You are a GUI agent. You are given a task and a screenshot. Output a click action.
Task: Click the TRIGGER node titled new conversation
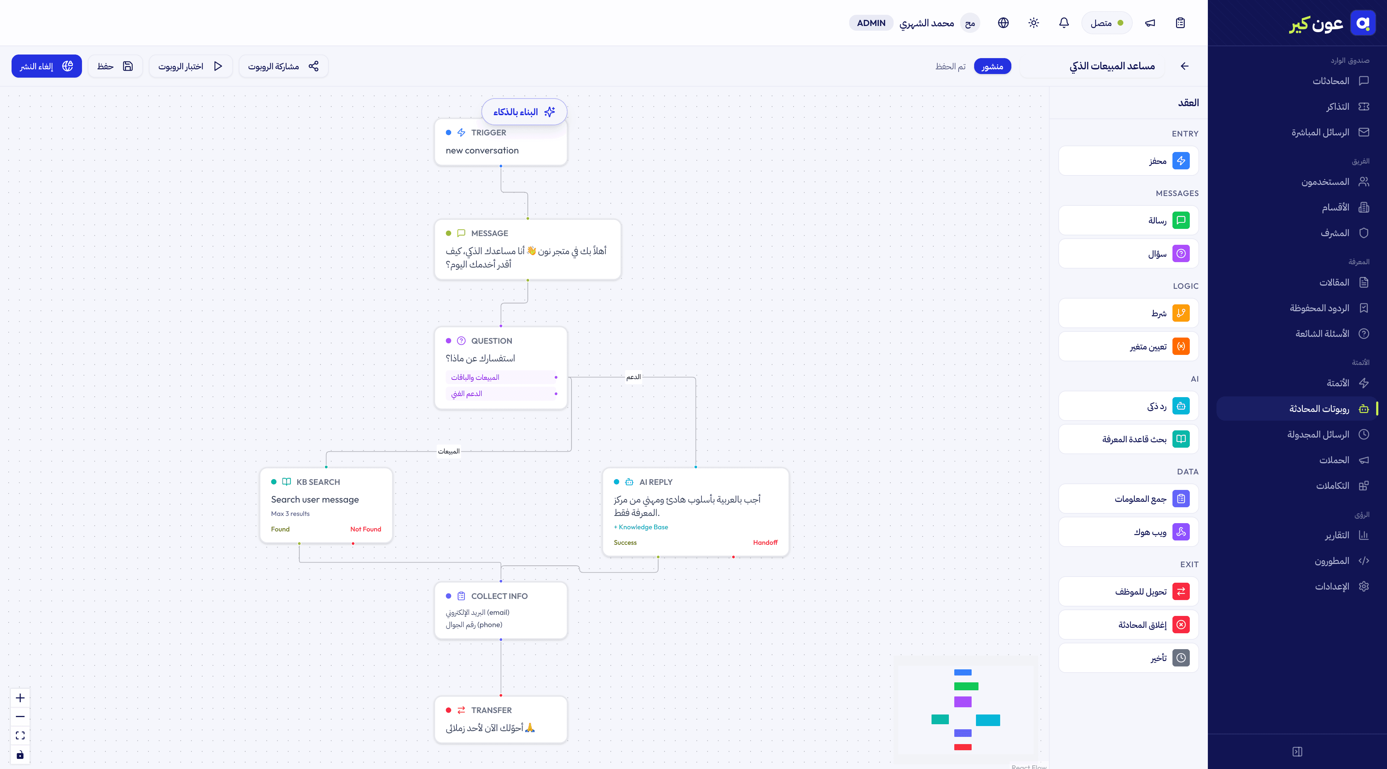pyautogui.click(x=501, y=142)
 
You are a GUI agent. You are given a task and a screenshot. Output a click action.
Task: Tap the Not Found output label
pyautogui.click(x=366, y=529)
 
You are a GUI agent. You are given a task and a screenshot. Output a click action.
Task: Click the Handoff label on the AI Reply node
pyautogui.click(x=765, y=542)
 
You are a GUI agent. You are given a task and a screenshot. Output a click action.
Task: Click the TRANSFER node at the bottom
pyautogui.click(x=501, y=720)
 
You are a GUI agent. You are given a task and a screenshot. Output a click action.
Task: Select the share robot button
pyautogui.click(x=283, y=66)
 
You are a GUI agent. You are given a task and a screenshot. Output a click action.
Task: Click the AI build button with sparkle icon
pyautogui.click(x=524, y=112)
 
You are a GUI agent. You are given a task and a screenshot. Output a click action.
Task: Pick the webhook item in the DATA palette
pyautogui.click(x=1128, y=532)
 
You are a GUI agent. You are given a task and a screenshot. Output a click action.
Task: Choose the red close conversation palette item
pyautogui.click(x=1128, y=624)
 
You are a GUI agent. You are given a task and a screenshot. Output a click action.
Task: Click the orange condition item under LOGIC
pyautogui.click(x=1128, y=313)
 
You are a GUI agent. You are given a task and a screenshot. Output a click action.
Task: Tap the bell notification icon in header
pyautogui.click(x=1063, y=23)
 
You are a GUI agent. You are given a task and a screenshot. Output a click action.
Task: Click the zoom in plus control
pyautogui.click(x=20, y=698)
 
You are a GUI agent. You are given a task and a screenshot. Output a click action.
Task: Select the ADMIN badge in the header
pyautogui.click(x=870, y=23)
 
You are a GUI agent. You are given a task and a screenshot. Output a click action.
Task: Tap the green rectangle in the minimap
pyautogui.click(x=966, y=686)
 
